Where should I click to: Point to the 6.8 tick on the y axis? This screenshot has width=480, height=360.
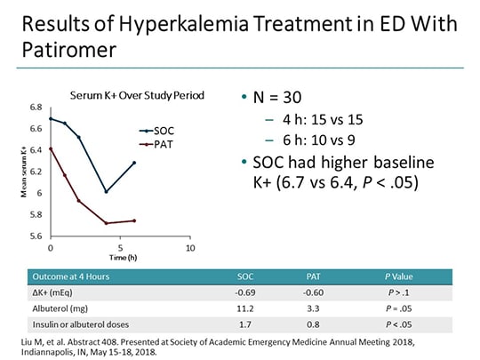pyautogui.click(x=36, y=108)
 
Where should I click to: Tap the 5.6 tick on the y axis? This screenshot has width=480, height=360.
pyautogui.click(x=36, y=236)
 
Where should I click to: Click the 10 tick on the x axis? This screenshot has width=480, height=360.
pyautogui.click(x=189, y=246)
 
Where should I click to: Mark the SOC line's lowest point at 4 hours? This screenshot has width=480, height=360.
pyautogui.click(x=107, y=191)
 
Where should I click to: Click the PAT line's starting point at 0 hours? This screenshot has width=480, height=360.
pyautogui.click(x=51, y=148)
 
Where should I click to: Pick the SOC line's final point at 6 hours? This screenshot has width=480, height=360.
pyautogui.click(x=134, y=163)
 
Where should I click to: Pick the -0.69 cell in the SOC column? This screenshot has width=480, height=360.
pyautogui.click(x=246, y=293)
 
